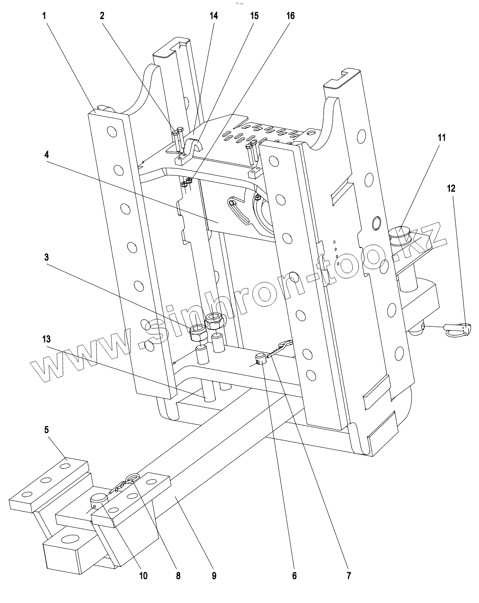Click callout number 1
pyautogui.click(x=45, y=16)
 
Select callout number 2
pyautogui.click(x=102, y=16)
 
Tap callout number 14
pyautogui.click(x=214, y=16)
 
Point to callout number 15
pyautogui.click(x=254, y=16)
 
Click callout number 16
pyautogui.click(x=291, y=16)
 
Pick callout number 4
pyautogui.click(x=47, y=155)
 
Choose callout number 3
pyautogui.click(x=47, y=257)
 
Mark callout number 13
pyautogui.click(x=47, y=339)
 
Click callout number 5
pyautogui.click(x=47, y=430)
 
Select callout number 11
pyautogui.click(x=442, y=138)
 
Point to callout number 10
pyautogui.click(x=143, y=576)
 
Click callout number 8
pyautogui.click(x=178, y=576)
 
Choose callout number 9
pyautogui.click(x=214, y=576)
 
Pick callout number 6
pyautogui.click(x=294, y=576)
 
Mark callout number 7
pyautogui.click(x=349, y=576)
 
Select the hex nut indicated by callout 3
pyautogui.click(x=198, y=332)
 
